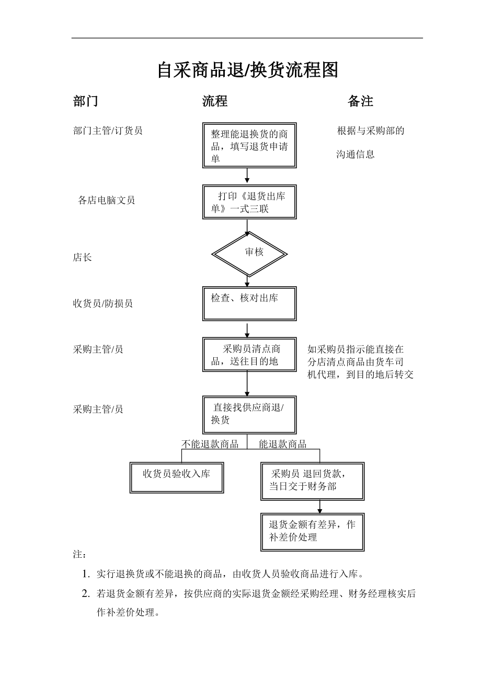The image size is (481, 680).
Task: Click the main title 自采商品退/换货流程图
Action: click(248, 69)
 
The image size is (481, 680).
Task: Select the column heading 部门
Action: click(85, 101)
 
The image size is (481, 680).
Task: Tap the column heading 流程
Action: click(215, 101)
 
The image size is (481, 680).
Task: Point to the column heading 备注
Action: click(360, 101)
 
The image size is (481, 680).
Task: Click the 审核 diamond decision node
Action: click(249, 253)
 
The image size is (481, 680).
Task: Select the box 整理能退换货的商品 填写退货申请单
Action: click(249, 145)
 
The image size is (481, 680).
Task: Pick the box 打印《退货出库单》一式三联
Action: click(249, 202)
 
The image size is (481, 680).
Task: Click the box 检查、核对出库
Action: click(249, 303)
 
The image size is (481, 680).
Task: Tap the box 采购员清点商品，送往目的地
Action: click(249, 355)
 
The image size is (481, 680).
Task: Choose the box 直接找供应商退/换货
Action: click(249, 414)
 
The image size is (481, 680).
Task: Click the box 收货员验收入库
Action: click(177, 477)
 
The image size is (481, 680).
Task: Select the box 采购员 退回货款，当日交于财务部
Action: click(312, 480)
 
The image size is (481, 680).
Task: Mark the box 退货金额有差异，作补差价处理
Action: click(312, 531)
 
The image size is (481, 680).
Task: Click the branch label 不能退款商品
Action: click(210, 444)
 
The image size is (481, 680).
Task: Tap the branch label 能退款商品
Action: click(283, 444)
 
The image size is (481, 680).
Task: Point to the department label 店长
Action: click(82, 257)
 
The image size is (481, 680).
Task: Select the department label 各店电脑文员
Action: click(106, 200)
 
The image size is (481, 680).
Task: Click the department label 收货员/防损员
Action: click(102, 303)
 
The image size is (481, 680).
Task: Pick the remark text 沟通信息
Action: click(355, 155)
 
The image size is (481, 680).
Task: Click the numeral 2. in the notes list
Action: click(86, 593)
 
